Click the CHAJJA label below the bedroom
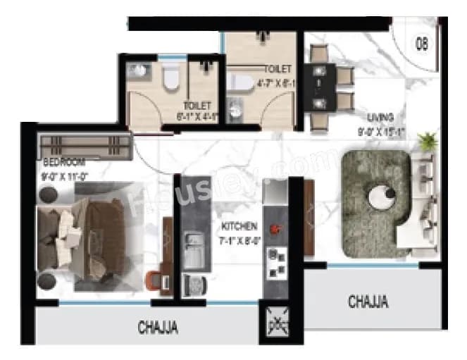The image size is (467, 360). (157, 327)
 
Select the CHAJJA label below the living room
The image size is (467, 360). (368, 302)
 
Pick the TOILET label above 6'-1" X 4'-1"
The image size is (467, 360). (197, 106)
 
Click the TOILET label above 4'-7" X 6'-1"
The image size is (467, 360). (277, 69)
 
